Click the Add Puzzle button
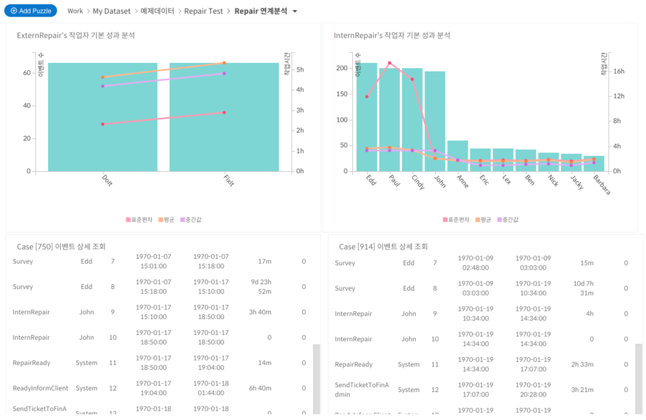[31, 11]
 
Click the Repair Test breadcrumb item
[203, 11]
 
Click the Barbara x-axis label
[601, 185]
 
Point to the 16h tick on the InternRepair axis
[619, 72]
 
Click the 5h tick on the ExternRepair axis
[300, 70]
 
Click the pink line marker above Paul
[389, 63]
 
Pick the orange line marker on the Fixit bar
[224, 63]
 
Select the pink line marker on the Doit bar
[103, 124]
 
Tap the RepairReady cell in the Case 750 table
[31, 362]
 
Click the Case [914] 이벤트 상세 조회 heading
[383, 247]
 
